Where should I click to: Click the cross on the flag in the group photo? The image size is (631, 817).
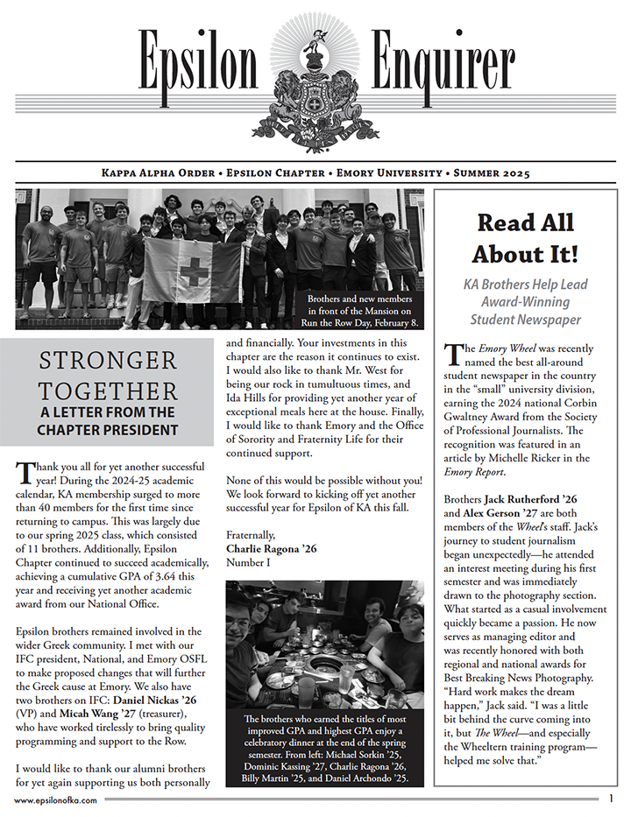tap(194, 271)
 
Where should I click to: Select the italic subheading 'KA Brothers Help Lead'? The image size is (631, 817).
tap(524, 285)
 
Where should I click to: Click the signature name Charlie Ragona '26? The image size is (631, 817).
tap(272, 548)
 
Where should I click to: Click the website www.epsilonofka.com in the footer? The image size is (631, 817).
tap(52, 800)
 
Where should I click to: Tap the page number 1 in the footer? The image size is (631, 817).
tap(611, 799)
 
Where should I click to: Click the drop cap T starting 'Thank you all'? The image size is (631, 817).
tap(24, 475)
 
